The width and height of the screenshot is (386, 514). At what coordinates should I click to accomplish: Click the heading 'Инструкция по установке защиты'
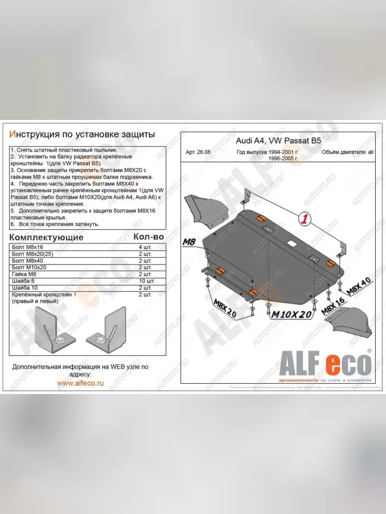pyautogui.click(x=81, y=134)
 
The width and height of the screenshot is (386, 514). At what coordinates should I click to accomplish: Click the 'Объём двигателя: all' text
pyautogui.click(x=347, y=152)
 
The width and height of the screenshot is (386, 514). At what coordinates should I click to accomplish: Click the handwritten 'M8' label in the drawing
pyautogui.click(x=190, y=242)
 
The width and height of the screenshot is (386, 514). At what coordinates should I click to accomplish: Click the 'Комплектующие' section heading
pyautogui.click(x=46, y=237)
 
